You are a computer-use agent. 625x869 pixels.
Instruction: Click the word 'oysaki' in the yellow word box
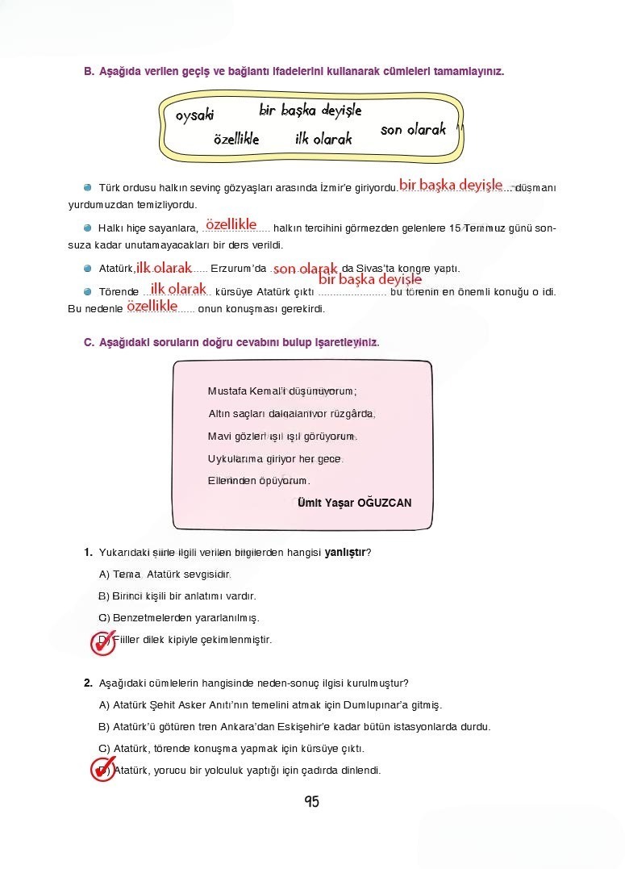coord(195,115)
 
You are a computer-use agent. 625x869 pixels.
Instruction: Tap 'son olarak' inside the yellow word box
coord(413,129)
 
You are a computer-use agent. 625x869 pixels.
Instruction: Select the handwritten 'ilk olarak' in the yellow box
coord(323,139)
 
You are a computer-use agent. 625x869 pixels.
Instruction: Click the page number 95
coord(312,801)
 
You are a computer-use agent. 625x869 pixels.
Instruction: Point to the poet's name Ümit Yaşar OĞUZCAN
coord(354,502)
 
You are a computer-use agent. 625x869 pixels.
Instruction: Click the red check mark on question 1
coord(102,641)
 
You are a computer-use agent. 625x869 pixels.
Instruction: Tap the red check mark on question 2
coord(102,769)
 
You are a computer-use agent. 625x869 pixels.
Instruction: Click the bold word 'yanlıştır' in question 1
coord(345,553)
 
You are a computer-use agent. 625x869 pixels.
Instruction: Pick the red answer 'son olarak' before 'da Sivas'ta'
coord(305,268)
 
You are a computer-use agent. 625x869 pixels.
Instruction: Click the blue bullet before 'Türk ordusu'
coord(88,186)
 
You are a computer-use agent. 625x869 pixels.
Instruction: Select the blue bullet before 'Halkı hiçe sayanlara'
coord(88,228)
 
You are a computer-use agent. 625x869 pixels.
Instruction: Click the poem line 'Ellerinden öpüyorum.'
coord(258,480)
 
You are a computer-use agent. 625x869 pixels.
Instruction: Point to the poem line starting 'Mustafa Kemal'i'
coord(281,391)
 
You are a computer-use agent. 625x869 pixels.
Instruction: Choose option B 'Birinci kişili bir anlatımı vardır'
coord(177,596)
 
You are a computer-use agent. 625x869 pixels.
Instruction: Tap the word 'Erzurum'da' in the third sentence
coord(238,269)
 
